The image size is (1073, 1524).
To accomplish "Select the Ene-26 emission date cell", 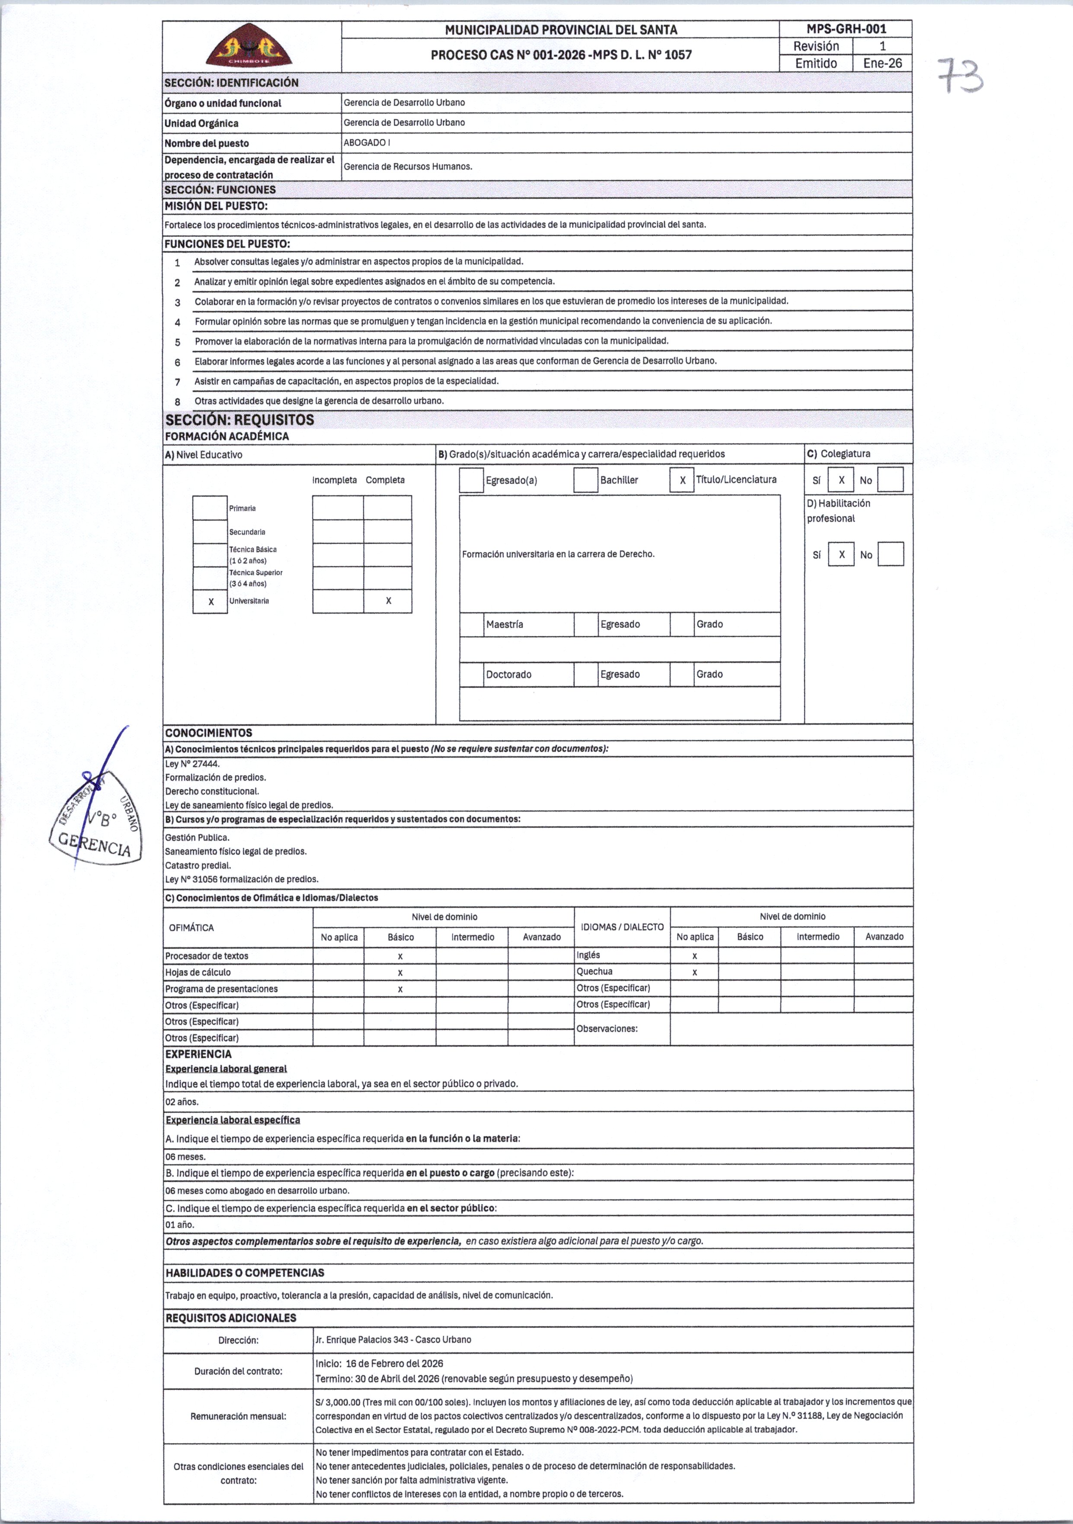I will coord(882,64).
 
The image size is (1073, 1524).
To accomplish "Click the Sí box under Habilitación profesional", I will coord(841,554).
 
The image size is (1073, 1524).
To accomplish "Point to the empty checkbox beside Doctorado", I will coord(471,674).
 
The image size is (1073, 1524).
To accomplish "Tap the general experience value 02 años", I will coord(182,1102).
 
